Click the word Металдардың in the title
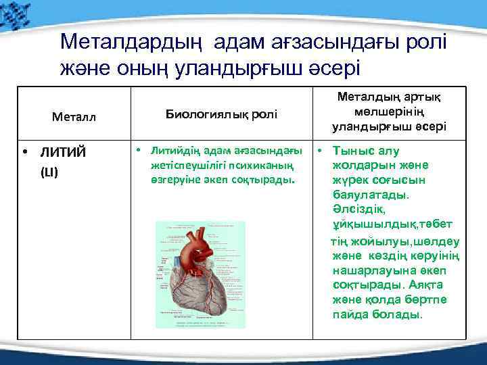coord(132,43)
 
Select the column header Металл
coord(74,116)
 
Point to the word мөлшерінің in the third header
coord(388,112)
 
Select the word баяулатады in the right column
coord(371,195)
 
